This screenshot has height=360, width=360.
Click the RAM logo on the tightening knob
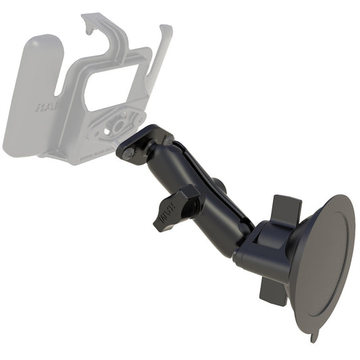[164, 218]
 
